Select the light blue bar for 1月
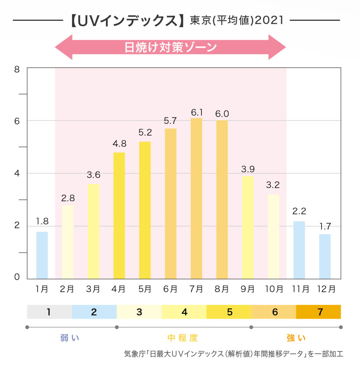click(42, 255)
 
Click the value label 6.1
click(196, 113)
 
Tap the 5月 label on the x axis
click(145, 289)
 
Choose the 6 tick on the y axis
click(16, 120)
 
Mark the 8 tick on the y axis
click(16, 68)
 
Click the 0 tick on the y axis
click(16, 278)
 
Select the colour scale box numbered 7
click(319, 312)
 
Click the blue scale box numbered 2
click(94, 312)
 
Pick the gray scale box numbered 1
click(49, 312)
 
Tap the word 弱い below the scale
click(70, 338)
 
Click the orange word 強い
click(296, 338)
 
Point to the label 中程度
click(183, 338)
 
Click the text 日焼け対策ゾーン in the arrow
click(170, 47)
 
